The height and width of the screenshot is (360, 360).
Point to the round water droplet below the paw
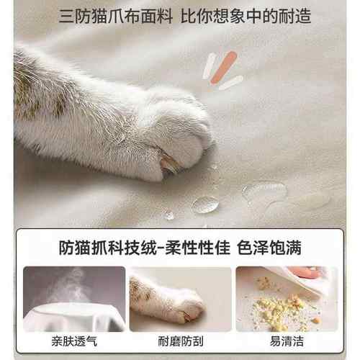205,204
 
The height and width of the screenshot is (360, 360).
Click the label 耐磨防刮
180,341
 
